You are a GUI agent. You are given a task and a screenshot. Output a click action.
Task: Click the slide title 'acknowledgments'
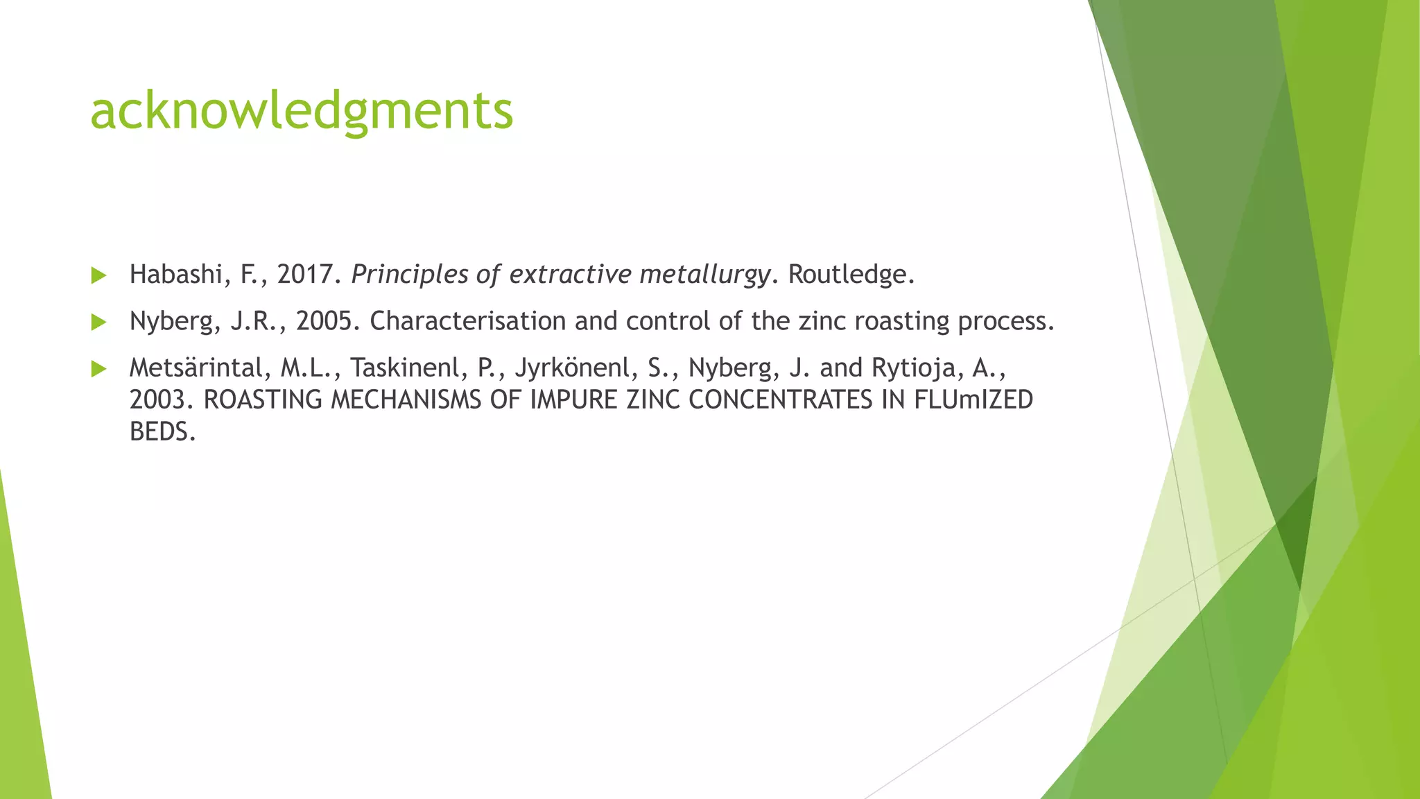(302, 111)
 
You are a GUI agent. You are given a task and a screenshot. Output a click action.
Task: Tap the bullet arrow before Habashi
(98, 275)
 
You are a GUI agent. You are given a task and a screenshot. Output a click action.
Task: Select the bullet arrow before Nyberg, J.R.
(98, 322)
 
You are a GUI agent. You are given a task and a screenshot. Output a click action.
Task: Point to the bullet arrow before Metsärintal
(98, 368)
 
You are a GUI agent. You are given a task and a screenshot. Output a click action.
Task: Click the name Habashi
(175, 275)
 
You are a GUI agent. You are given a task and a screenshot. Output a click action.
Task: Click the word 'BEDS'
(159, 432)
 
